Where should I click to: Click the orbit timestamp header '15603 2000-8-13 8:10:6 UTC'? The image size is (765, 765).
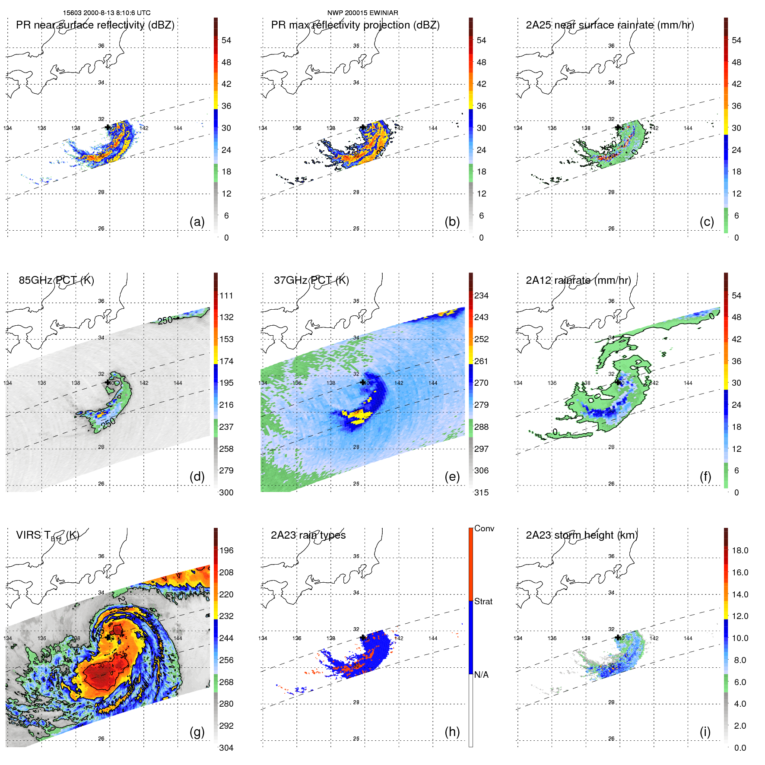[x=107, y=13]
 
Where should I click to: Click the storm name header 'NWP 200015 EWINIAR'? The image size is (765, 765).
[x=362, y=13]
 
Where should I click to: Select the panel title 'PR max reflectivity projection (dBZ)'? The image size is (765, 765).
[x=355, y=25]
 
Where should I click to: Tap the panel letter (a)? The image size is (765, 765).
[x=197, y=222]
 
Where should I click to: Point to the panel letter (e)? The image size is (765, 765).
[x=452, y=476]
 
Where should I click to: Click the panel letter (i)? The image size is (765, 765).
[x=705, y=732]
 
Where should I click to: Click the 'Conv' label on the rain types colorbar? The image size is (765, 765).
[x=484, y=528]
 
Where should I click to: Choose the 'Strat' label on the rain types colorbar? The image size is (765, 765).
[x=483, y=601]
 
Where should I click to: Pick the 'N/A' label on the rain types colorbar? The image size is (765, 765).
[x=481, y=675]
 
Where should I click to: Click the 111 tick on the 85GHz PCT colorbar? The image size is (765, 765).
[x=226, y=295]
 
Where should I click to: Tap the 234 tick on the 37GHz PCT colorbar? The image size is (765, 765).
[x=481, y=295]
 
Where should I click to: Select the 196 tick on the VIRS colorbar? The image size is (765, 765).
[x=226, y=550]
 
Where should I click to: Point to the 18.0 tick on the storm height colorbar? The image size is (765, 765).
[x=740, y=550]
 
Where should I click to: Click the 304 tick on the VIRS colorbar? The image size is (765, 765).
[x=226, y=748]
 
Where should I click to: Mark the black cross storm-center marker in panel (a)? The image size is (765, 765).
[x=108, y=127]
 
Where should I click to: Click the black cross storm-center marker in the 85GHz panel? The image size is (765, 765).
[x=108, y=382]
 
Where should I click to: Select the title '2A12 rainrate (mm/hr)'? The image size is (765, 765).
[x=578, y=280]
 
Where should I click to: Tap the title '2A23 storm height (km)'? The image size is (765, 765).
[x=581, y=535]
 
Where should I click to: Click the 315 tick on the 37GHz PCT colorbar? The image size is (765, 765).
[x=481, y=492]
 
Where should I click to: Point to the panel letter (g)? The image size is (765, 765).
[x=197, y=732]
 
